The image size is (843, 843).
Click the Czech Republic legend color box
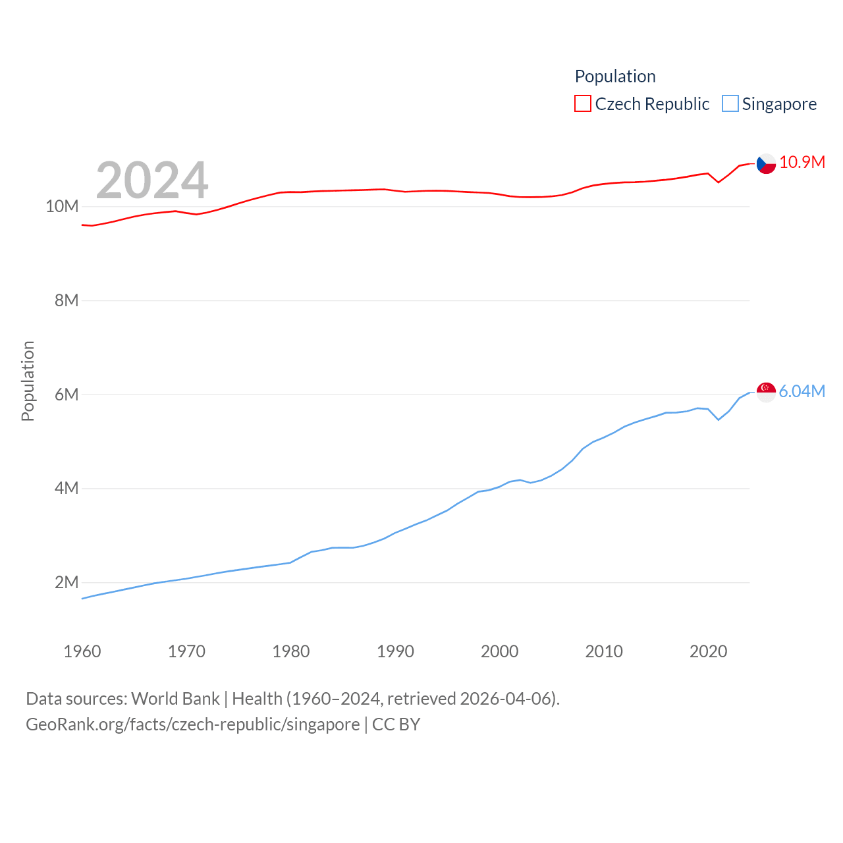click(x=583, y=104)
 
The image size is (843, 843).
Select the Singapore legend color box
click(x=730, y=104)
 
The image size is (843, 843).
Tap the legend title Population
click(x=615, y=76)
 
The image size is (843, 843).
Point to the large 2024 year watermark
click(x=152, y=180)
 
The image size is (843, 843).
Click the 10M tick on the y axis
click(x=62, y=207)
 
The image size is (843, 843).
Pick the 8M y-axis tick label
click(x=67, y=301)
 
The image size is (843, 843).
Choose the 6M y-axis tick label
click(x=67, y=394)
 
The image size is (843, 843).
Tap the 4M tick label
click(x=67, y=489)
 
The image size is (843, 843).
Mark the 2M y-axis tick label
click(x=67, y=583)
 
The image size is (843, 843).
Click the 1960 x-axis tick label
click(x=82, y=651)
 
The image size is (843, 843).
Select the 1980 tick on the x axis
click(x=291, y=651)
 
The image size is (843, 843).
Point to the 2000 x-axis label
click(x=500, y=651)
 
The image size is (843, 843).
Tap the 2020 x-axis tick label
click(x=709, y=651)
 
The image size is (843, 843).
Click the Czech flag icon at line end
click(x=766, y=163)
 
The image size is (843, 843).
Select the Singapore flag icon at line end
click(x=766, y=392)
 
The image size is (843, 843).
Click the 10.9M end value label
click(x=802, y=163)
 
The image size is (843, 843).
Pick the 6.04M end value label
click(x=802, y=392)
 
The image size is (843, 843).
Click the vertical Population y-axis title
click(x=28, y=381)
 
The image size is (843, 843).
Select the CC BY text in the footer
click(x=396, y=724)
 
